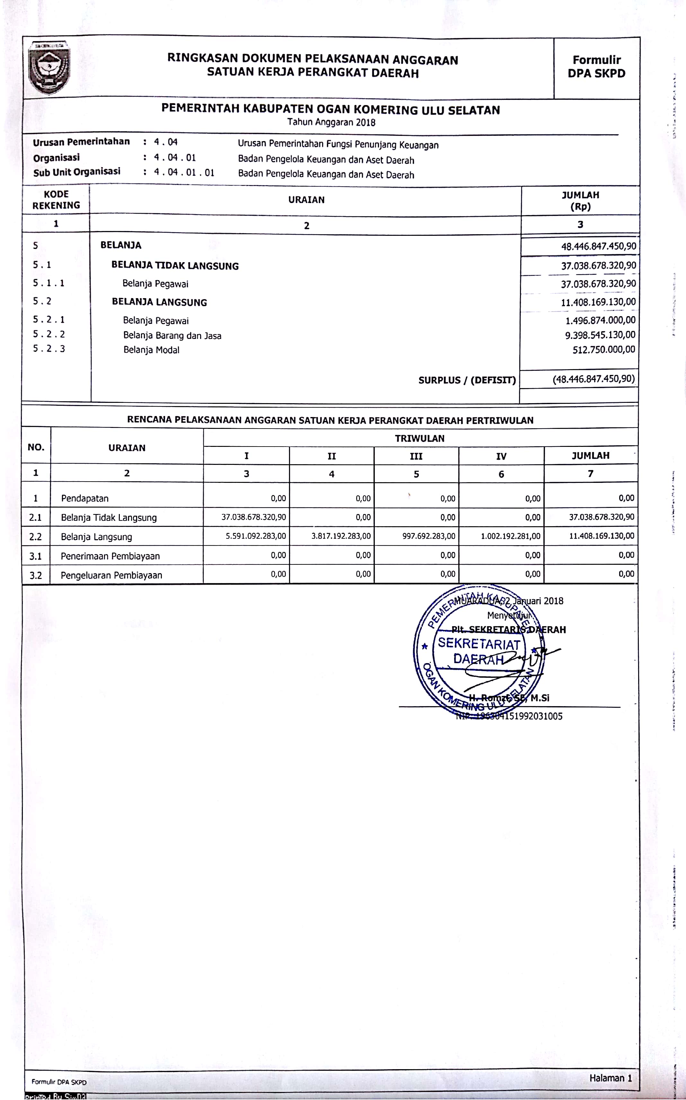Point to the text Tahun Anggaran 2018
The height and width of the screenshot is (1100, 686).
(331, 122)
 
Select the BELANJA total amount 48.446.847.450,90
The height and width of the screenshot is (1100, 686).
(598, 246)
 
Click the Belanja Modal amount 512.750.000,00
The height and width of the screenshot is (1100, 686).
(603, 350)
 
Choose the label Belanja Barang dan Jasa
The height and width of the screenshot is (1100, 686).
(172, 336)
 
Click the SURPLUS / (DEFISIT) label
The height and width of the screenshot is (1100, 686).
(467, 380)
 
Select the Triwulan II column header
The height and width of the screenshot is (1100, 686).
(332, 456)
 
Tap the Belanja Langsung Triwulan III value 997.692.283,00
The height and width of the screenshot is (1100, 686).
(429, 536)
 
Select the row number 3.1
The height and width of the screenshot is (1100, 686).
(35, 556)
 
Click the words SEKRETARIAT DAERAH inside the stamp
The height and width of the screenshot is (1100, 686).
(479, 651)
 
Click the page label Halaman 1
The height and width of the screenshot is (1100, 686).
(610, 1078)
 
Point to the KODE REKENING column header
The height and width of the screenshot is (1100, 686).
(56, 200)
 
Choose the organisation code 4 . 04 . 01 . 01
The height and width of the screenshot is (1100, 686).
(184, 173)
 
